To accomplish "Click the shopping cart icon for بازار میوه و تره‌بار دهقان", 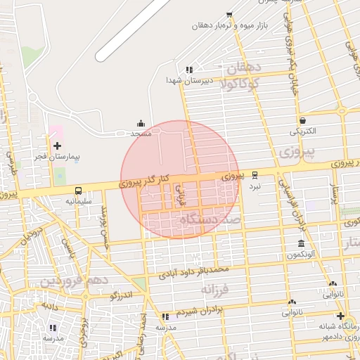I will click(229, 15).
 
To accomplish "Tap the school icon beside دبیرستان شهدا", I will click(189, 69).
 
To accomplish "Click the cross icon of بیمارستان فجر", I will click(57, 145).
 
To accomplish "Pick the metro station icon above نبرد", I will click(255, 174).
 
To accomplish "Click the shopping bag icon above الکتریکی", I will click(302, 120).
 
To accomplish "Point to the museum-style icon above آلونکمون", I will click(301, 243).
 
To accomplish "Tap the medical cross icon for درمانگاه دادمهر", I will click(341, 316).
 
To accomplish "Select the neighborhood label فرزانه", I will click(216, 289).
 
